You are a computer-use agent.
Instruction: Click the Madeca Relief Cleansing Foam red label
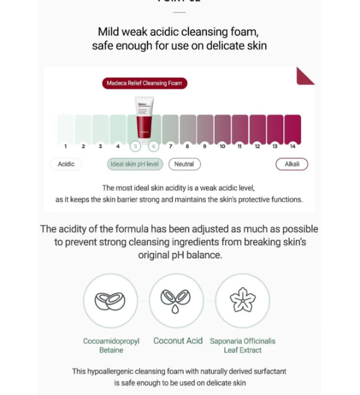144,83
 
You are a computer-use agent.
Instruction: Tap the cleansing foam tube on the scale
144,117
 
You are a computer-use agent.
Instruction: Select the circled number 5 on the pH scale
136,146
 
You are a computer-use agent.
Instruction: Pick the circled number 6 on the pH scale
153,146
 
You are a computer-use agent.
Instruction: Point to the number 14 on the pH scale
292,146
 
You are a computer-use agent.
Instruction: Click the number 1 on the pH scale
65,146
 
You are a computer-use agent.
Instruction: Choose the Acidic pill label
66,164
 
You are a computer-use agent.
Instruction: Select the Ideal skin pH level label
135,164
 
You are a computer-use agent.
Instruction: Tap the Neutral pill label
184,164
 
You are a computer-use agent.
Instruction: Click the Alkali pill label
292,164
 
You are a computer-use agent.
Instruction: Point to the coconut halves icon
110,300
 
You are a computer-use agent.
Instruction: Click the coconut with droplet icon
176,300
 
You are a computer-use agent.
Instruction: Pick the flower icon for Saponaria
242,300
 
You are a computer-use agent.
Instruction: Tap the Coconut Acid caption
178,340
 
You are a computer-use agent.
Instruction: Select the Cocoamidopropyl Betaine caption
111,345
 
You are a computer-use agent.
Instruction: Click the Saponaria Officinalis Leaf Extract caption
242,345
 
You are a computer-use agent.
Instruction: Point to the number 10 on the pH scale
222,146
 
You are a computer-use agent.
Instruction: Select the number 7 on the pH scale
170,146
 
